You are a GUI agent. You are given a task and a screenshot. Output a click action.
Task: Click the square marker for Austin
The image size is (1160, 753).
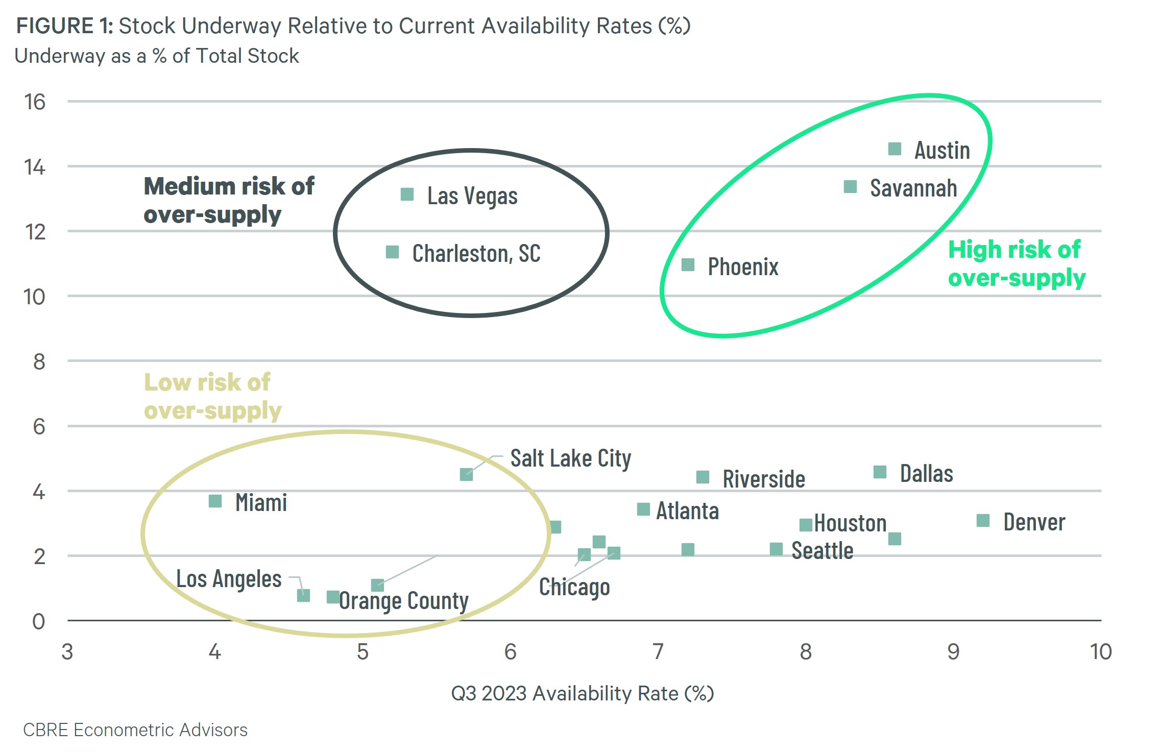(895, 149)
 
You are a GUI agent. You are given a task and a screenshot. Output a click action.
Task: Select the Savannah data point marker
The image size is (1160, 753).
(850, 187)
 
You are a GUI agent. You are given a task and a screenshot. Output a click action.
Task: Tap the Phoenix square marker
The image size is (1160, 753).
(688, 265)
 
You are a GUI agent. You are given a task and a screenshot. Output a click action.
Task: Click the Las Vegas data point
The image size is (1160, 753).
(407, 195)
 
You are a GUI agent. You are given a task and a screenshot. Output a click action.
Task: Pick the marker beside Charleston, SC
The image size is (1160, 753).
(392, 252)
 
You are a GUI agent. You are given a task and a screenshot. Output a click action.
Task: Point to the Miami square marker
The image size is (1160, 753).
(215, 501)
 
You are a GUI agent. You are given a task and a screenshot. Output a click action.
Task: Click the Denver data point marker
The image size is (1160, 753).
(983, 521)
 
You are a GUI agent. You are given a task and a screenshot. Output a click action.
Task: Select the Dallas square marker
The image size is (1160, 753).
(880, 472)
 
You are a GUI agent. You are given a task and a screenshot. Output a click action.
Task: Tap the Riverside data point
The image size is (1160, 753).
(703, 477)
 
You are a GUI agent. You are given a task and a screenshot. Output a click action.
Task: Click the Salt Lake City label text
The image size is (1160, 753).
(570, 458)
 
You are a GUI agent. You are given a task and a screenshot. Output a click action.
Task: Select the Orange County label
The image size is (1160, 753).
(404, 601)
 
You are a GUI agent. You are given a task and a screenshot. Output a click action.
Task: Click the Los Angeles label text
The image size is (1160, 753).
(229, 579)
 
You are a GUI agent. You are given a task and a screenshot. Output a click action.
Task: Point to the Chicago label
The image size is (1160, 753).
(574, 587)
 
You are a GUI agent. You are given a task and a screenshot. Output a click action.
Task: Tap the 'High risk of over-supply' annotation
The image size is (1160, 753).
(1016, 264)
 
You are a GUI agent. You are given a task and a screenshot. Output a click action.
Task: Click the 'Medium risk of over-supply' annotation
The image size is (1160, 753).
(229, 200)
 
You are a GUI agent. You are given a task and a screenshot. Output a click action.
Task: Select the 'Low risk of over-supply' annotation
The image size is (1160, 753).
(212, 396)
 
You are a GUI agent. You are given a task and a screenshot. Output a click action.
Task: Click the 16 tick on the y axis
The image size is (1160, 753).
(35, 102)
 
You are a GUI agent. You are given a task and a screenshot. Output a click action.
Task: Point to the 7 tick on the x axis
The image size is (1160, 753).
(658, 652)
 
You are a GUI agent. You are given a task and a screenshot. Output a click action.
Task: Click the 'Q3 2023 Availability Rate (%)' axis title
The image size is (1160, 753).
(582, 693)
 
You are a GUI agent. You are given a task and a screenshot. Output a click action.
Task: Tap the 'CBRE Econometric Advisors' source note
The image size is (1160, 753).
(135, 730)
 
